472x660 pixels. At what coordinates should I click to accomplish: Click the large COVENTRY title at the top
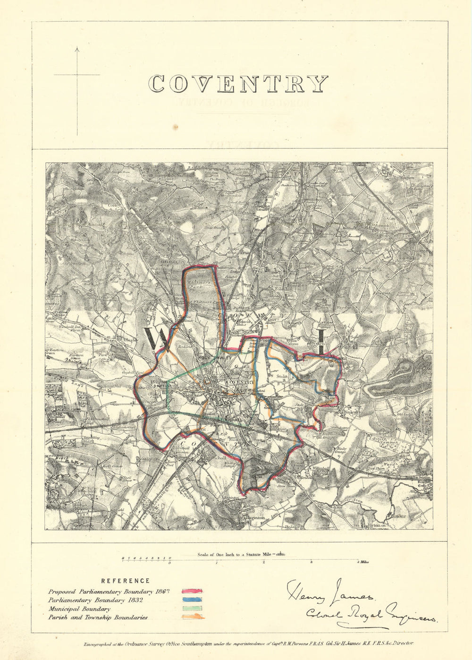pos(238,84)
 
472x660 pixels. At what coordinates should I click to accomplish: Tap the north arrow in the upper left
pos(77,76)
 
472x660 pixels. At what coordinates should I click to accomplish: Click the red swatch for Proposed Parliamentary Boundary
pos(192,591)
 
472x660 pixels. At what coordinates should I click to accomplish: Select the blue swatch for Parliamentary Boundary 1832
pos(192,600)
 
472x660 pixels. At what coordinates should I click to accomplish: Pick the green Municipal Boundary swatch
pos(192,609)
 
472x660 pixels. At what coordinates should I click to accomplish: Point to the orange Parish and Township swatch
pos(193,617)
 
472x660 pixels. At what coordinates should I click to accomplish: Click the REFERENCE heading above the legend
pos(125,581)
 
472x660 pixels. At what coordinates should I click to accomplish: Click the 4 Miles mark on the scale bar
pos(362,562)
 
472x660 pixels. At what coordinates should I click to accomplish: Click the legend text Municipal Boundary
pos(79,609)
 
